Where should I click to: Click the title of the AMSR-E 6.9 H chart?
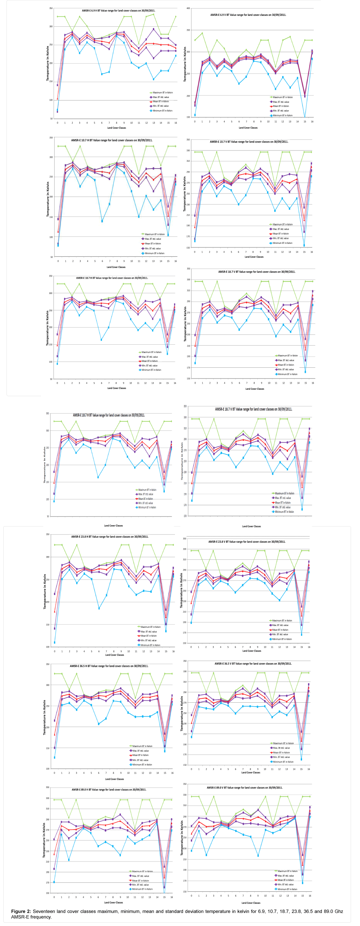(118, 11)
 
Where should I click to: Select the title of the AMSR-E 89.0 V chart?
(244, 788)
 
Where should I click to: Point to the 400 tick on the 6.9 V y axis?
(188, 8)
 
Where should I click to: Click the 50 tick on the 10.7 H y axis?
(51, 257)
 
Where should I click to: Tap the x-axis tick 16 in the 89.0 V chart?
(310, 896)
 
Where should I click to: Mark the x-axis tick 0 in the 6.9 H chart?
(57, 123)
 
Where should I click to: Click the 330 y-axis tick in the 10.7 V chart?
(188, 151)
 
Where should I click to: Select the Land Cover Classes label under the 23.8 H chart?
(114, 655)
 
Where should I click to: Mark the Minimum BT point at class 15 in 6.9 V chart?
(305, 117)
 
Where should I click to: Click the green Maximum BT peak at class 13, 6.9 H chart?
(153, 14)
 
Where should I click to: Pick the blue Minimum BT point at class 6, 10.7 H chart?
(102, 221)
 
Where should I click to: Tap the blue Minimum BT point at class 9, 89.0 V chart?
(258, 856)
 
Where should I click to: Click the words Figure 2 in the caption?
(21, 912)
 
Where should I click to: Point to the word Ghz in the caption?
(338, 912)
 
